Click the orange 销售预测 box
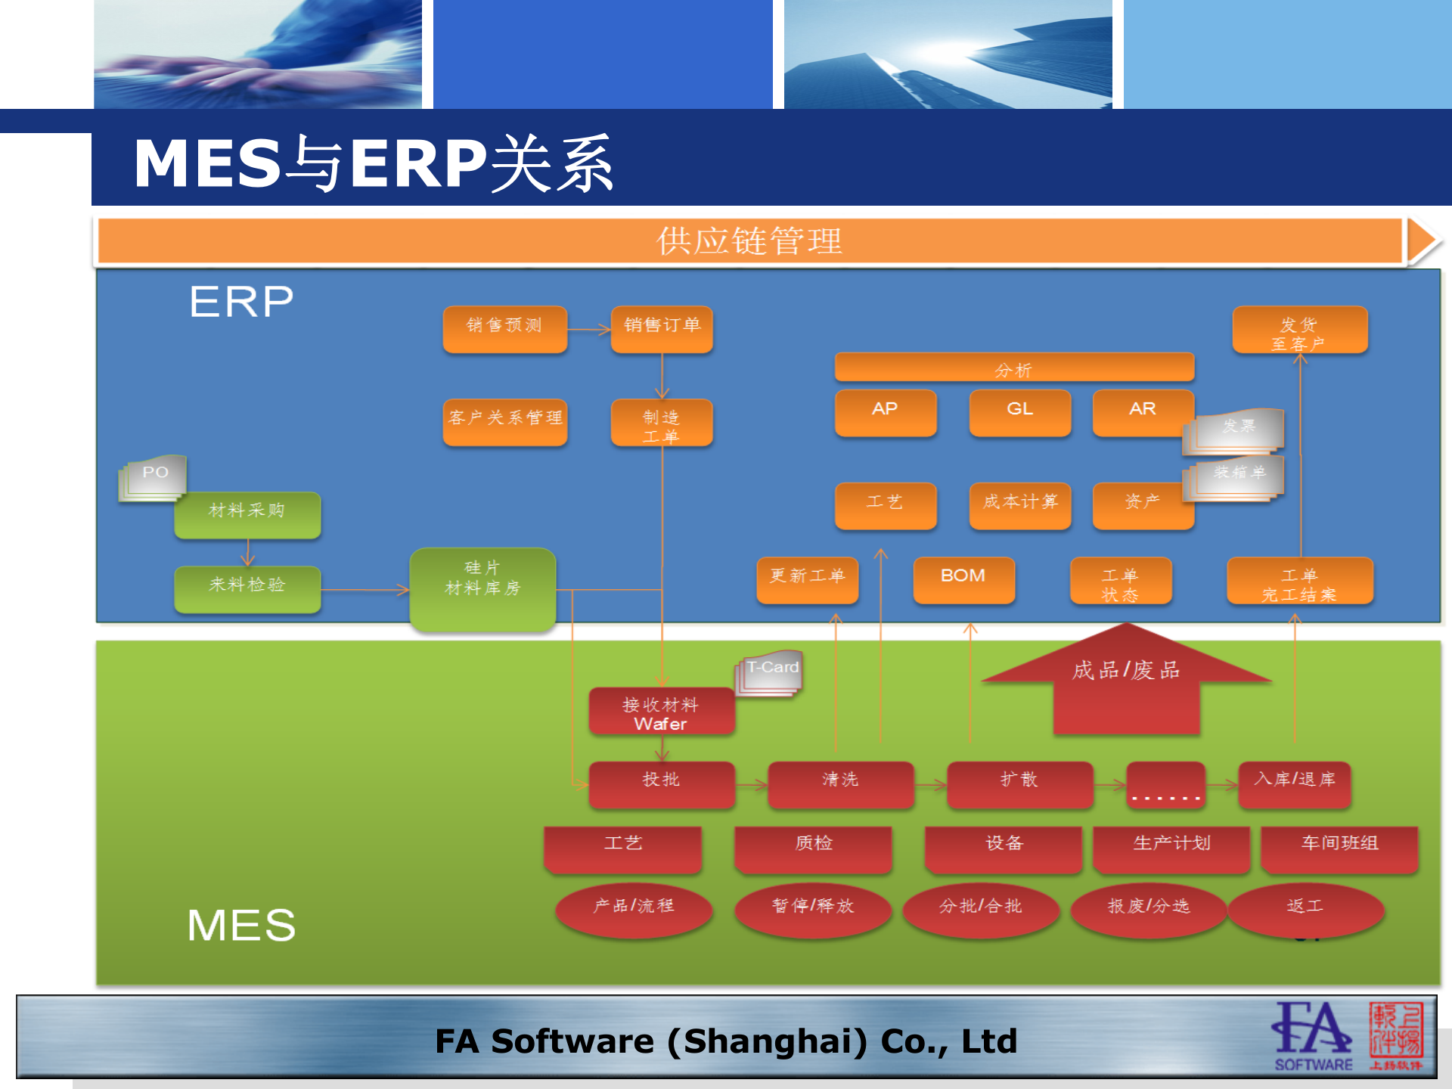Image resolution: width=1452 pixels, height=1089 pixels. click(x=504, y=328)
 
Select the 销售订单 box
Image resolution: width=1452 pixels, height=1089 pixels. click(x=662, y=328)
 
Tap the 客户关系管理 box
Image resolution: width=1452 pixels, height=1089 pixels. click(x=504, y=420)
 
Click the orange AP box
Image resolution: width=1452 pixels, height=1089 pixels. click(x=885, y=411)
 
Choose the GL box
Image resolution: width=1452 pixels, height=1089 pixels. click(x=1019, y=411)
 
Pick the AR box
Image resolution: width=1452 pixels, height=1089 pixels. click(x=1142, y=411)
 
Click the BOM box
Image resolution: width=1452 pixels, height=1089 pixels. click(x=963, y=579)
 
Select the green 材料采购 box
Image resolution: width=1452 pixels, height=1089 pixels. click(x=247, y=513)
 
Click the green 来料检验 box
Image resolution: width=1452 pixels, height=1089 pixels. click(x=247, y=588)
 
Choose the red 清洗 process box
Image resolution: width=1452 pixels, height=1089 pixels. click(x=840, y=783)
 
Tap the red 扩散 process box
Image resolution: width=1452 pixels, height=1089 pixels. click(x=1019, y=783)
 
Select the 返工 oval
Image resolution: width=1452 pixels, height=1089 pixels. click(x=1306, y=908)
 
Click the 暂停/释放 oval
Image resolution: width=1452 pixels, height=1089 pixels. click(x=813, y=908)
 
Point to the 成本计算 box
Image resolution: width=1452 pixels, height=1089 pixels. click(x=1019, y=504)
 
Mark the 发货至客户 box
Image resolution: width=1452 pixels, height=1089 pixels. click(x=1299, y=330)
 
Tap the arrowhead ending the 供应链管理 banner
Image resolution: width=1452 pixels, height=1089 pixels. click(x=1422, y=241)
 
